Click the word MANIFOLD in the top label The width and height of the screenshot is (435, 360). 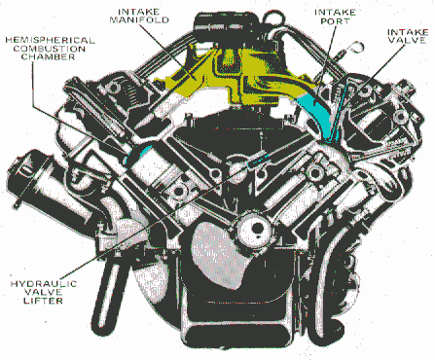point(139,20)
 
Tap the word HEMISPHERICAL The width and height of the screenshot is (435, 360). point(50,40)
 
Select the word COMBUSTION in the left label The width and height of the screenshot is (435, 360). point(50,49)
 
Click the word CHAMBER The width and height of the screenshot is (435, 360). point(49,56)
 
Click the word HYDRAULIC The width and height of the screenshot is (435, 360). point(44,284)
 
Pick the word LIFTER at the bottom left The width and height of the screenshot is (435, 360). point(43,301)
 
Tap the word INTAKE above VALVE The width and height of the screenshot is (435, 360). point(408,32)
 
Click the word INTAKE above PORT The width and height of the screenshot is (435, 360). point(335,13)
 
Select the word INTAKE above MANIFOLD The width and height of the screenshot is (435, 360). point(139,12)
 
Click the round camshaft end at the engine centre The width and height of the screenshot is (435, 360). point(253,229)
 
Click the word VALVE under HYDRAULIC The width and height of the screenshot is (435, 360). point(44,292)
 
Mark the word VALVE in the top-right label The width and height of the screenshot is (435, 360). point(407,40)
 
